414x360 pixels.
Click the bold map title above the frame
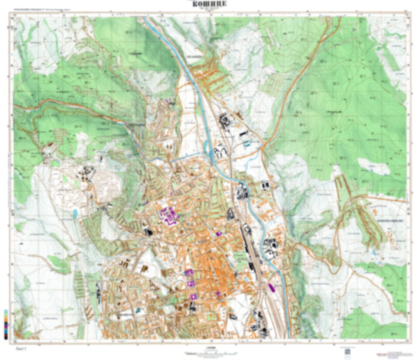coord(209,4)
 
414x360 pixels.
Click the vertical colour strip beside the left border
coord(6,324)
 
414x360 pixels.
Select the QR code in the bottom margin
coord(347,352)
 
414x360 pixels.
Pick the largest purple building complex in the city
coord(169,215)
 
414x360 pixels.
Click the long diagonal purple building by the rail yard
coord(272,287)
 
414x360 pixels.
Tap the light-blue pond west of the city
coord(75,213)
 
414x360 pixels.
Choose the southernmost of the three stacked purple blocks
coord(193,296)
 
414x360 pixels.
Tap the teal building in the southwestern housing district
coord(138,310)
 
